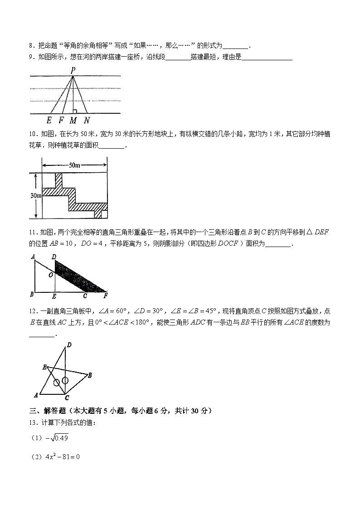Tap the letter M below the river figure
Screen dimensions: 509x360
(x=73, y=121)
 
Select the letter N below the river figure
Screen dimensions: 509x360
(x=87, y=121)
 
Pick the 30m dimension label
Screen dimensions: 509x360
(x=36, y=195)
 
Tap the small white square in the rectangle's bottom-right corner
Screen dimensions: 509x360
(x=104, y=214)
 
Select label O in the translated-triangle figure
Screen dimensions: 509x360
(x=51, y=274)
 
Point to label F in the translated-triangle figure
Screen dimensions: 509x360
(x=106, y=296)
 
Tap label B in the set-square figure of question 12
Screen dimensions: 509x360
(x=90, y=375)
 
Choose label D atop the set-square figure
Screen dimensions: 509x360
(x=69, y=345)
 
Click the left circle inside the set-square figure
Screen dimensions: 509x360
(x=56, y=383)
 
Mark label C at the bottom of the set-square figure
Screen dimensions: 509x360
(x=67, y=398)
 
